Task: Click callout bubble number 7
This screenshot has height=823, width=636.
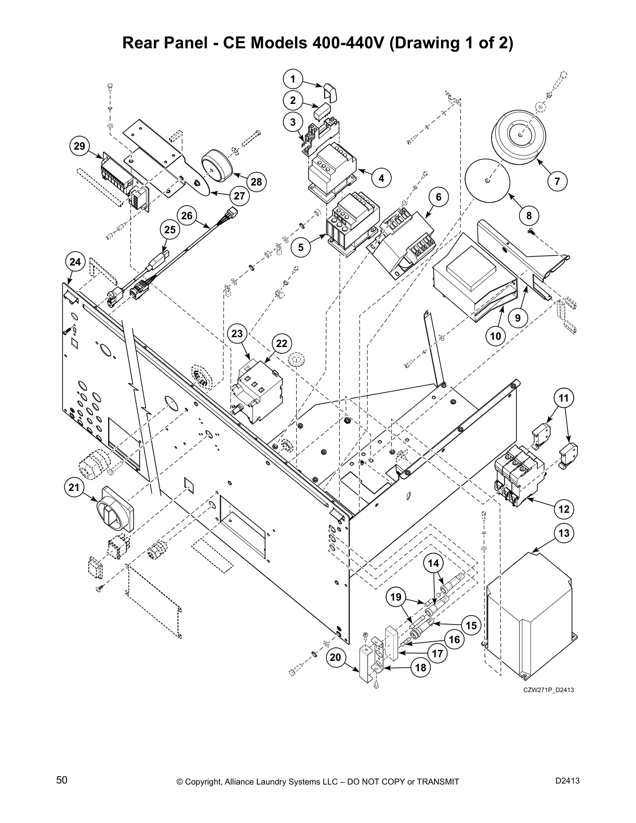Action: click(557, 181)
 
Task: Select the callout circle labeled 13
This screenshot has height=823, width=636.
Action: click(564, 533)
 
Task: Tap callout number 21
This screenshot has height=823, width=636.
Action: click(74, 487)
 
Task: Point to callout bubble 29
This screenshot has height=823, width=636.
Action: click(79, 146)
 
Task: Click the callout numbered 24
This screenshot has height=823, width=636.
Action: click(75, 262)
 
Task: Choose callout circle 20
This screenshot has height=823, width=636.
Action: click(336, 657)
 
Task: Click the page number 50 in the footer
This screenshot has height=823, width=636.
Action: click(62, 780)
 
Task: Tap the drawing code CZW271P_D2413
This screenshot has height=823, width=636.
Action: click(548, 689)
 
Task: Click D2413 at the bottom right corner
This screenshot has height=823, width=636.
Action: click(567, 780)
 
